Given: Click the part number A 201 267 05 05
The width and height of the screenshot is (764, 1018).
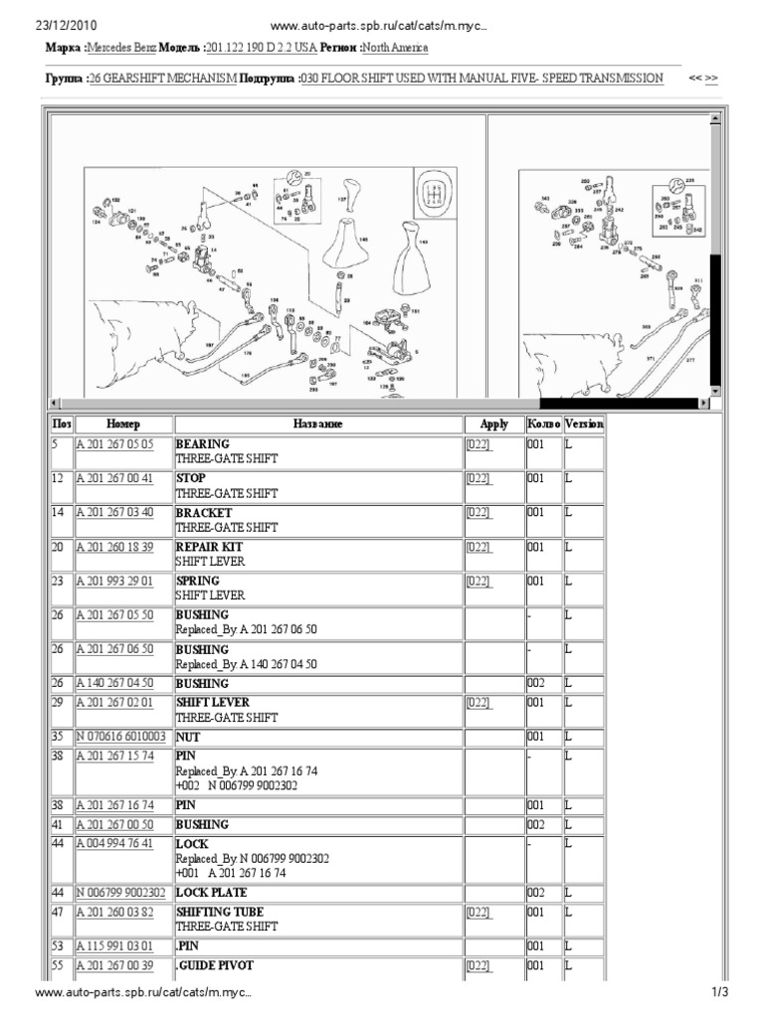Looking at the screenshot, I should (114, 444).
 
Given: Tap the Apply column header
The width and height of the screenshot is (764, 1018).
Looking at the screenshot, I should (493, 424).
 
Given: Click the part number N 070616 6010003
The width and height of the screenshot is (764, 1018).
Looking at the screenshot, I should (120, 737).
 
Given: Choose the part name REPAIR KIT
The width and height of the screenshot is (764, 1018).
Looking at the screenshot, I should (209, 547).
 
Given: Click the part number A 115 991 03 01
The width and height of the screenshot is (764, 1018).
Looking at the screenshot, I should (114, 946).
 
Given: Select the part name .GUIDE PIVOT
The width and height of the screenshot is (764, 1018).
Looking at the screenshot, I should (217, 965).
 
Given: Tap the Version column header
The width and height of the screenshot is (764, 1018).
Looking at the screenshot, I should (584, 424).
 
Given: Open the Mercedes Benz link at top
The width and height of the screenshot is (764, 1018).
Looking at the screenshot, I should (128, 48).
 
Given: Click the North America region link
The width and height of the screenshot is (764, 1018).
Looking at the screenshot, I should (395, 48).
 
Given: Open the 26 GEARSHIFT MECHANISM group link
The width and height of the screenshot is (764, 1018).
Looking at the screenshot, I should (162, 78).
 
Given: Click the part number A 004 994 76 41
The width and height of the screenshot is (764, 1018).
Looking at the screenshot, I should (114, 844).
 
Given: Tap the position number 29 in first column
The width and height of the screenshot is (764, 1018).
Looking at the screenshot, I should (58, 703).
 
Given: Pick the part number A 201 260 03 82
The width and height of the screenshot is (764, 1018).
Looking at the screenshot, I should (114, 912).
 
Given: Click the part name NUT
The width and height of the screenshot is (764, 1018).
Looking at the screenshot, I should (188, 737).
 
